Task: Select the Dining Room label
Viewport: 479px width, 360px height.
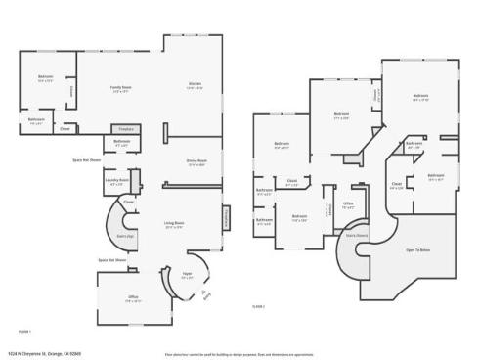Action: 196,162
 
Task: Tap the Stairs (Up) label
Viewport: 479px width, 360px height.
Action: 125,235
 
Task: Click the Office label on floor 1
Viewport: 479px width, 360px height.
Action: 133,297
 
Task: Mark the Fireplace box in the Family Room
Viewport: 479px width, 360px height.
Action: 125,128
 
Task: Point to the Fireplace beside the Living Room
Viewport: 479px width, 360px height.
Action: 227,217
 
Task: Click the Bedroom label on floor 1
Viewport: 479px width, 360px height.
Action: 46,77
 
